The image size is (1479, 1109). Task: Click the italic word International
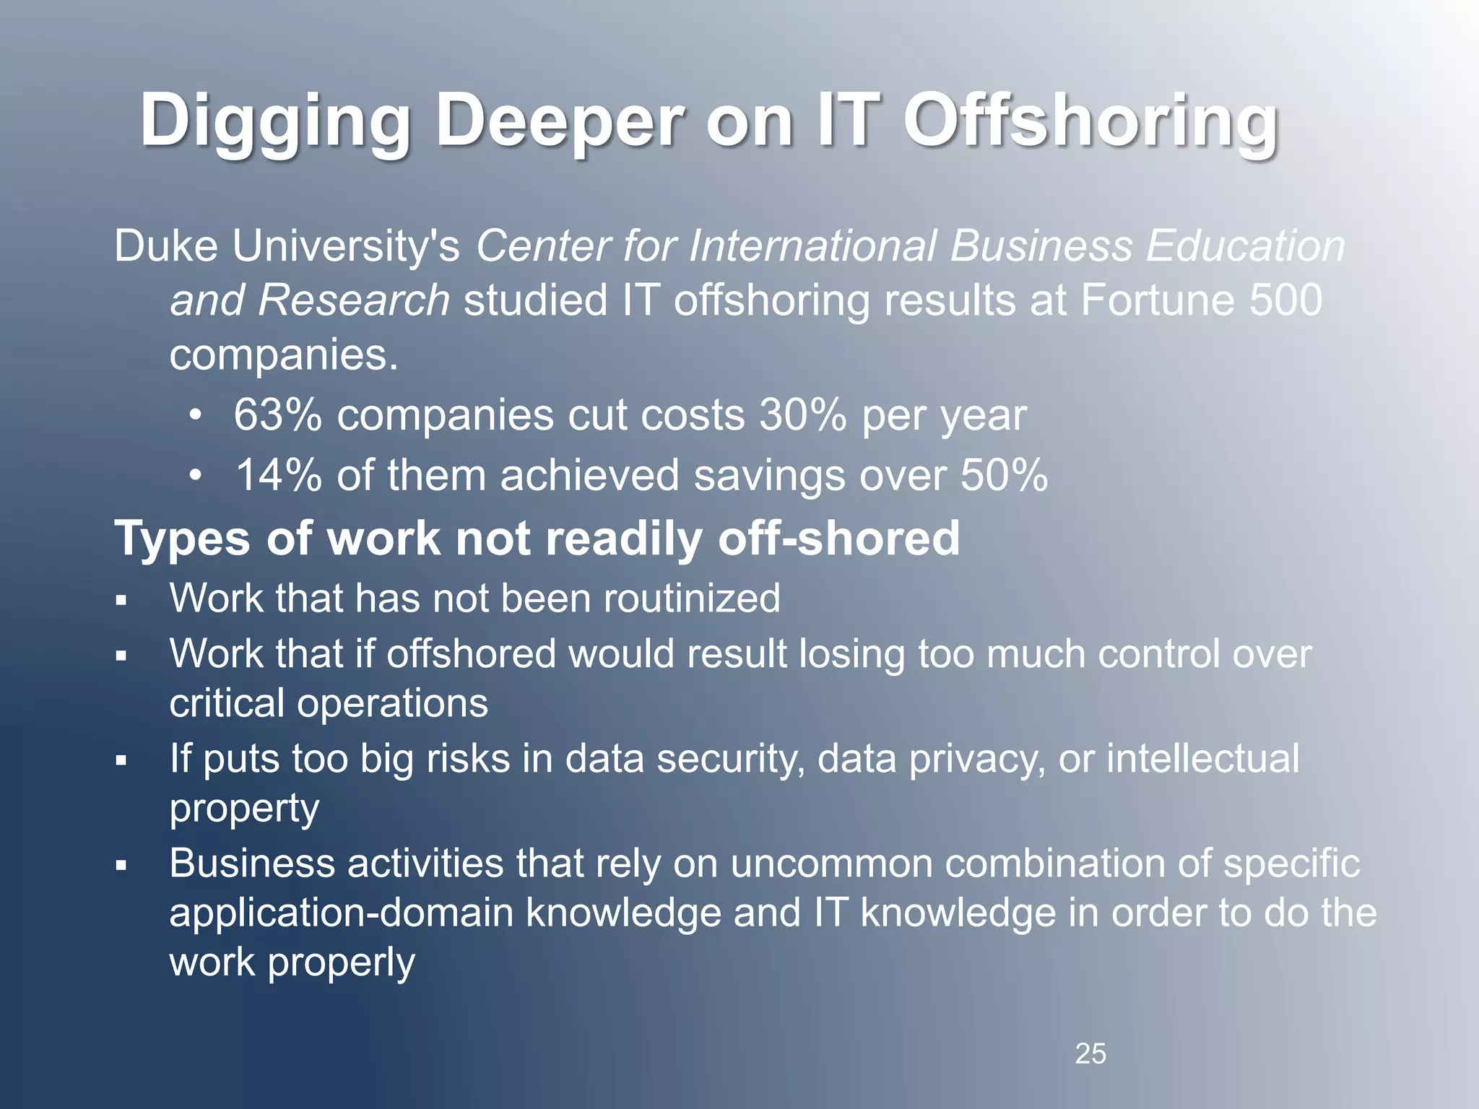pos(812,246)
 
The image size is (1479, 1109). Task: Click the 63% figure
pos(277,416)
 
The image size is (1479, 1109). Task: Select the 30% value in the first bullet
pos(802,416)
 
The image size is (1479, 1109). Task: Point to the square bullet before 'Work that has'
pos(121,601)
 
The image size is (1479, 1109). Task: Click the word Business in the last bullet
pos(252,864)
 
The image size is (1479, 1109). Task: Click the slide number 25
pos(1090,1054)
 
